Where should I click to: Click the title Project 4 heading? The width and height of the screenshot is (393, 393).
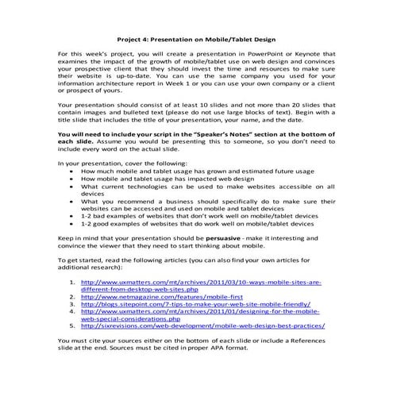(x=196, y=37)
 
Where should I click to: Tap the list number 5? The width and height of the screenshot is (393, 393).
(x=74, y=326)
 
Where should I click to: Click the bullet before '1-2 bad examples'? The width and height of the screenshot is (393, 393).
(x=73, y=216)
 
